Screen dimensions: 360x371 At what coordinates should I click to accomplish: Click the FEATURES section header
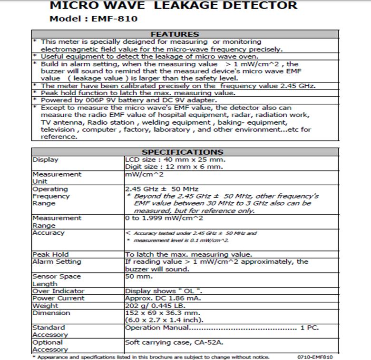click(174, 34)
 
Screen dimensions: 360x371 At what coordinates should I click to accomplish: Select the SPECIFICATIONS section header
click(176, 152)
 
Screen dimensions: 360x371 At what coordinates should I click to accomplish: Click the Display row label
click(46, 160)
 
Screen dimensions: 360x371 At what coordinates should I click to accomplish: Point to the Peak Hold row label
click(50, 254)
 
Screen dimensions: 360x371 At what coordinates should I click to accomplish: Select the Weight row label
click(45, 306)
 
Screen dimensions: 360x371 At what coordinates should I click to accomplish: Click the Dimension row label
click(51, 313)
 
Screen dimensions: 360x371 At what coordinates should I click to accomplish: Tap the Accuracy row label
click(49, 233)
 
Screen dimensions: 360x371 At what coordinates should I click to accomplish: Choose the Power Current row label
click(58, 298)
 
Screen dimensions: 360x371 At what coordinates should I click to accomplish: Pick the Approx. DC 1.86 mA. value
click(164, 298)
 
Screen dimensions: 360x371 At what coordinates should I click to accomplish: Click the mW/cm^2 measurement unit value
click(144, 174)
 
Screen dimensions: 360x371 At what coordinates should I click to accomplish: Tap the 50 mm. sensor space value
click(139, 276)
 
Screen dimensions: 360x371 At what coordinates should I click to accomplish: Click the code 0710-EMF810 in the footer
click(315, 357)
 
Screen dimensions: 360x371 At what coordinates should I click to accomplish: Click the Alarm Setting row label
click(56, 261)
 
